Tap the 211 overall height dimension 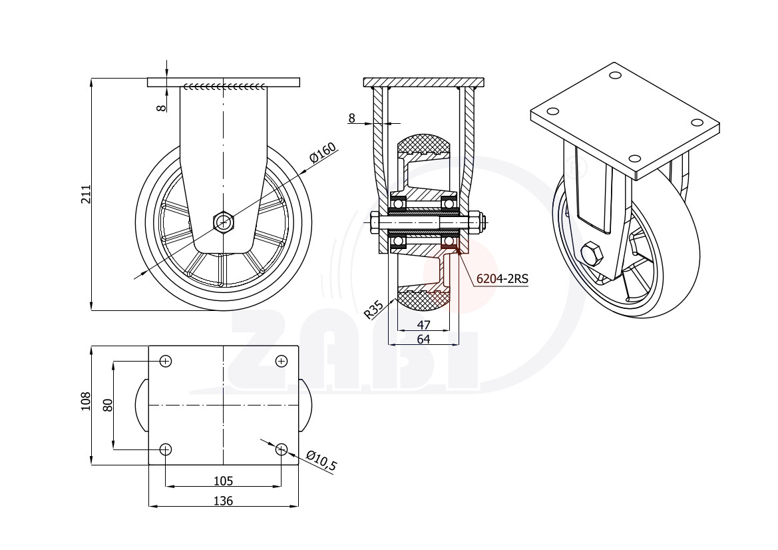(x=86, y=194)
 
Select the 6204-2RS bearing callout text (x=502, y=279)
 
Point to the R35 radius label (x=373, y=309)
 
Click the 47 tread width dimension (x=423, y=325)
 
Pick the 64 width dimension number (x=423, y=339)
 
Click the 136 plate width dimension (x=223, y=501)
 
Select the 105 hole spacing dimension (x=223, y=481)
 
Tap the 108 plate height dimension (x=86, y=401)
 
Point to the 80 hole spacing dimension (x=108, y=405)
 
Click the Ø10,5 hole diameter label (x=321, y=461)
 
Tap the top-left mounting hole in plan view (x=166, y=361)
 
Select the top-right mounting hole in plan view (x=282, y=361)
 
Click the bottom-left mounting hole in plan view (x=166, y=449)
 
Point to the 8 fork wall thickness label (x=352, y=118)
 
